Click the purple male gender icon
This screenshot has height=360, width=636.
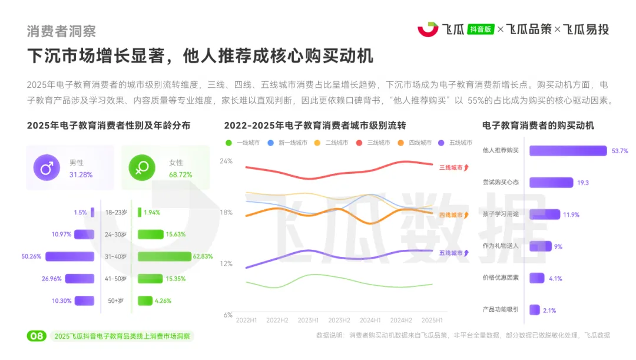point(47,169)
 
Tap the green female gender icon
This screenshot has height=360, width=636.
point(142,169)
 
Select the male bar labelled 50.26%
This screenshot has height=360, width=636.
point(70,256)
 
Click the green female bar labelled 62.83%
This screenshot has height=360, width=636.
point(165,256)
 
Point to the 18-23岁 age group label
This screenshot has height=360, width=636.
point(116,213)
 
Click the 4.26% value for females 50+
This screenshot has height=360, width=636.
point(163,300)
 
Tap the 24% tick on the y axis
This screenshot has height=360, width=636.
point(226,161)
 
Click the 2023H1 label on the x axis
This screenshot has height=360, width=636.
point(307,320)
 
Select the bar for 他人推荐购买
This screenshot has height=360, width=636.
point(568,151)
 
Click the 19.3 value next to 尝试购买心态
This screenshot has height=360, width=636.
point(582,183)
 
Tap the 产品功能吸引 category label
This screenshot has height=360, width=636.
point(501,310)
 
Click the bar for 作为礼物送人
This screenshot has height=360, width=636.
point(540,246)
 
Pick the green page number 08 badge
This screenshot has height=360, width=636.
point(37,336)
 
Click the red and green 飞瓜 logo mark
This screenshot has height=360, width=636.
point(428,29)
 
